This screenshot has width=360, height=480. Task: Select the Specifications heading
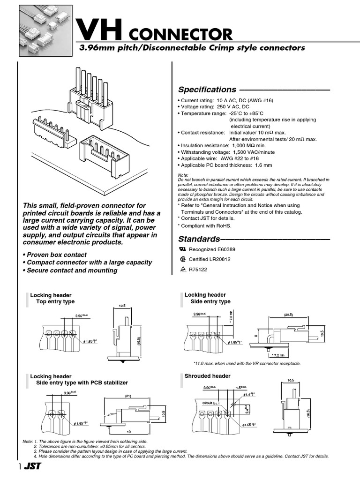pyautogui.click(x=207, y=90)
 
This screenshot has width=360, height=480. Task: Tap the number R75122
pyautogui.click(x=198, y=269)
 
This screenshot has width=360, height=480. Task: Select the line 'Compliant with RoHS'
pyautogui.click(x=205, y=225)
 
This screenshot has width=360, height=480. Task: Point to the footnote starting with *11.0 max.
pyautogui.click(x=247, y=363)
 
